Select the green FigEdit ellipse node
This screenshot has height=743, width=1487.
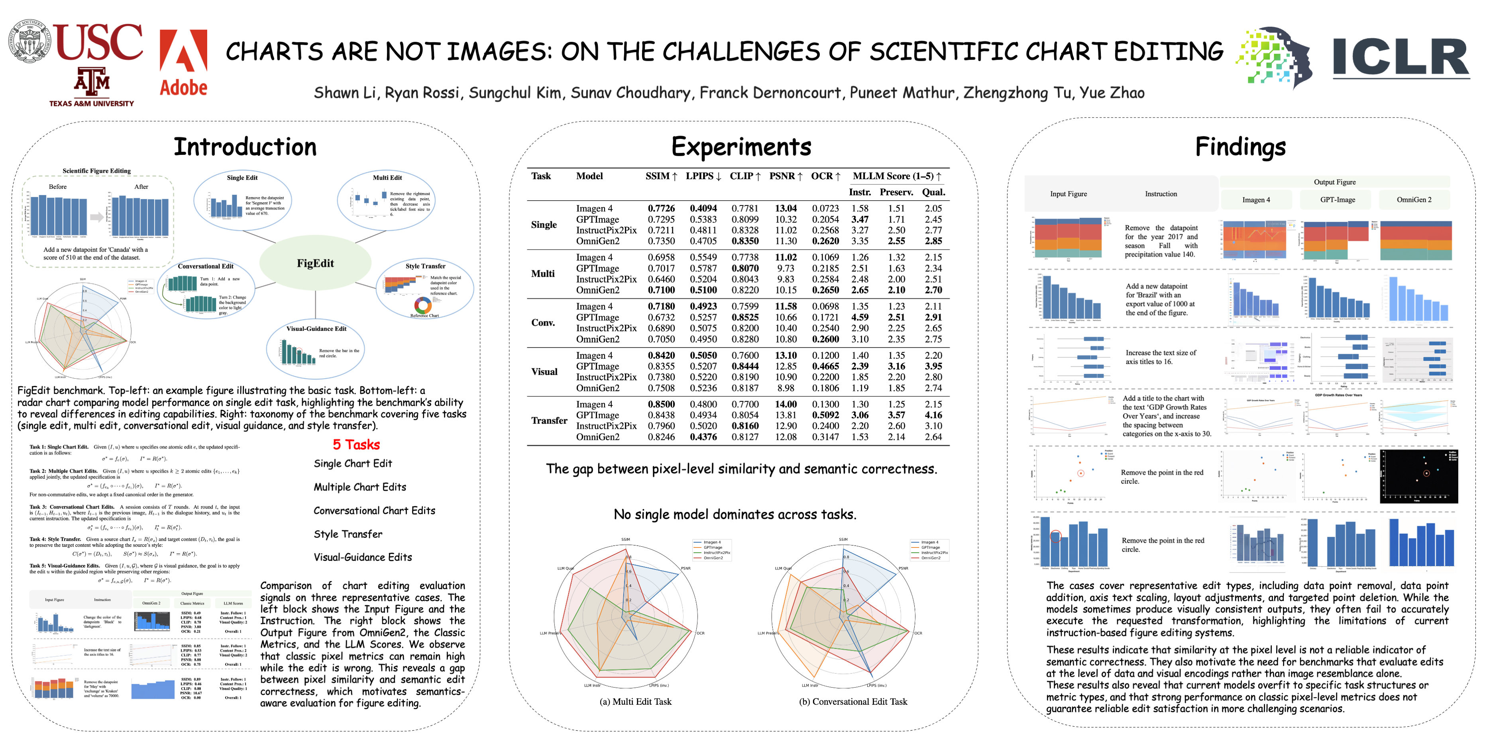(x=315, y=263)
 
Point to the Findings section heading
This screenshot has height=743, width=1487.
(x=1240, y=147)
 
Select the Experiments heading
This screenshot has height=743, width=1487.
(x=741, y=147)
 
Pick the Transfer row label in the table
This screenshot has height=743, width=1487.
(x=549, y=420)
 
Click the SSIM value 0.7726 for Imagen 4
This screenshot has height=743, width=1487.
(x=661, y=208)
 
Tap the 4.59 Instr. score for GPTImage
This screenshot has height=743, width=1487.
(x=860, y=317)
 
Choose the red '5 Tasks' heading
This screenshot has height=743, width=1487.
(x=356, y=444)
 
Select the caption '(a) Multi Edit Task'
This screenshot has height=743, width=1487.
(x=636, y=702)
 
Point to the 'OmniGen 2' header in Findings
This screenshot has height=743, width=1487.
(x=1414, y=199)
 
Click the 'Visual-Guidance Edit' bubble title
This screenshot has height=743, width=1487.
(x=316, y=329)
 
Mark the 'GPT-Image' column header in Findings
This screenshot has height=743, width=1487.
(x=1338, y=199)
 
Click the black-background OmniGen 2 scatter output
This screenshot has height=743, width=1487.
(x=1418, y=477)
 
